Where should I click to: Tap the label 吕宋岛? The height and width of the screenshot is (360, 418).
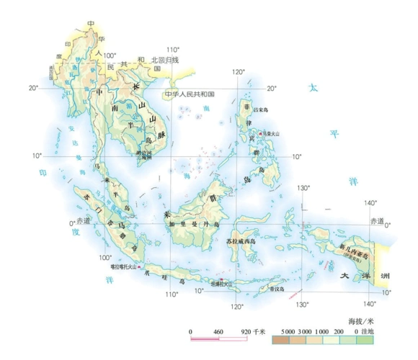tap(256, 109)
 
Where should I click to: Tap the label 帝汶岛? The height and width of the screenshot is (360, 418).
tap(276, 289)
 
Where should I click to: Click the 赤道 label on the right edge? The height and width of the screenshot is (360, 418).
tap(378, 220)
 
